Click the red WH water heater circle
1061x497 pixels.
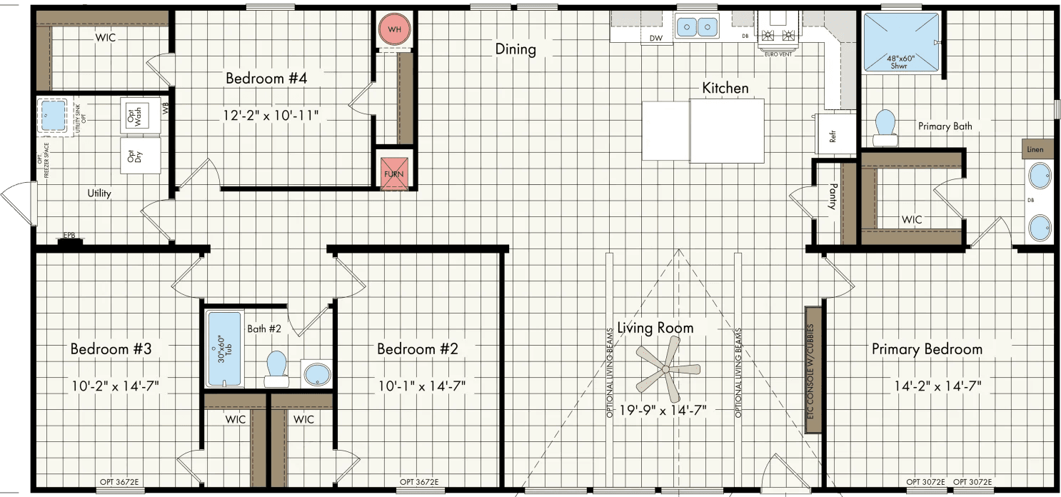coord(395,30)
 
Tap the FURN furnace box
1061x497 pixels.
coord(394,174)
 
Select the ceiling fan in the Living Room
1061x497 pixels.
coord(665,369)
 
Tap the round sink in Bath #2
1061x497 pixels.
coord(316,373)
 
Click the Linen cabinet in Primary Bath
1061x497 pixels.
coord(1037,149)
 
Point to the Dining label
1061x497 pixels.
coord(516,49)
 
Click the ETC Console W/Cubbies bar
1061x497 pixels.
coord(812,369)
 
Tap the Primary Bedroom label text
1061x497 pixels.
coord(927,349)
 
